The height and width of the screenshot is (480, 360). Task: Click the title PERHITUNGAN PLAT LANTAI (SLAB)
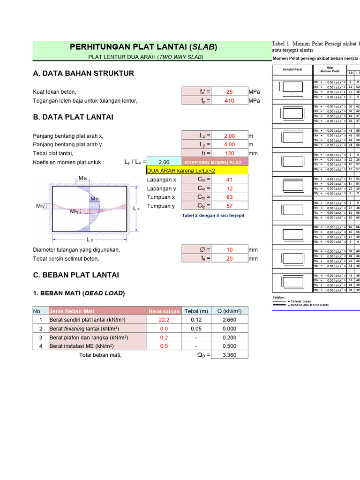(143, 47)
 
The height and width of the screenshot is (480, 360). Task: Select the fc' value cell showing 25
(229, 92)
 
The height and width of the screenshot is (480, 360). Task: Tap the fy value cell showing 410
(229, 100)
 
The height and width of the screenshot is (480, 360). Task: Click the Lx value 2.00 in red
(229, 136)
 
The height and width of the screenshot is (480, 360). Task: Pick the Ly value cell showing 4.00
(229, 144)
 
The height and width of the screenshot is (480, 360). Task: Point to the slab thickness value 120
(229, 153)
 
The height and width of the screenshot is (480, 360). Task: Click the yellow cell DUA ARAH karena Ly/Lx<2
(197, 171)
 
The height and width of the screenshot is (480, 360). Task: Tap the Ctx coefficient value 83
(229, 197)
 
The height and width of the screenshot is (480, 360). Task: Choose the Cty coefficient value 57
(229, 206)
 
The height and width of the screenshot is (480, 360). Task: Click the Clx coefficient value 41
(229, 180)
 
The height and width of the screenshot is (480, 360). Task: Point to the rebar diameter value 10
(229, 250)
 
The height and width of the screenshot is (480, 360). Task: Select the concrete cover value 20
(229, 258)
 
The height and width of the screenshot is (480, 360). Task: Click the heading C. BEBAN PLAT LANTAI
(76, 275)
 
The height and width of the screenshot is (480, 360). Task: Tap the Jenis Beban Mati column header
(68, 311)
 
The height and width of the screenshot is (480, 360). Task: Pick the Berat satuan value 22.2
(165, 320)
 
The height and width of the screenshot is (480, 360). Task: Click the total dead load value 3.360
(229, 355)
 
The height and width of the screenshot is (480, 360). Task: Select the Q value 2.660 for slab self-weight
(229, 320)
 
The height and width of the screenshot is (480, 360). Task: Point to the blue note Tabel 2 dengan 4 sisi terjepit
(213, 215)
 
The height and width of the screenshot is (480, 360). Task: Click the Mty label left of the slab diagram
(40, 206)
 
